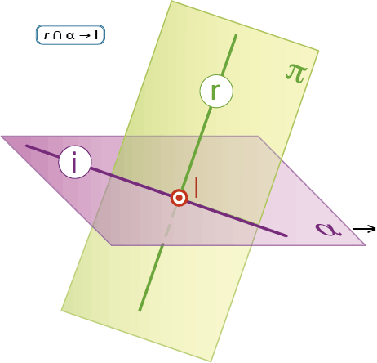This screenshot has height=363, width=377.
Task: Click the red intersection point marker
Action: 180,198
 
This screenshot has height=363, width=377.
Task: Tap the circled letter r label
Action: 216,91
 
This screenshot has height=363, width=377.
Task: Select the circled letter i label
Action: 74,162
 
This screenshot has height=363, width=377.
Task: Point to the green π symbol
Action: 296,74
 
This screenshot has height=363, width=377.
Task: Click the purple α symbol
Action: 328,229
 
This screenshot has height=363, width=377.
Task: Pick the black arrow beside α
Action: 364,229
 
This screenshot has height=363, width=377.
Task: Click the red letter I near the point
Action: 197,187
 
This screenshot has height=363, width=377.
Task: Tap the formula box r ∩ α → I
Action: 70,34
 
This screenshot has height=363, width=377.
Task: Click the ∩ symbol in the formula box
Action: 57,35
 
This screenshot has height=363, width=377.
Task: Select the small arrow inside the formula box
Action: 85,35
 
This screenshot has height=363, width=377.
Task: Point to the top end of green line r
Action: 236,35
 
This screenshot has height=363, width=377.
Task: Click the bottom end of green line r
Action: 140,310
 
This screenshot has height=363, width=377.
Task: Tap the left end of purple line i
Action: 27,146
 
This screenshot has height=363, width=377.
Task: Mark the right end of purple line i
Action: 286,235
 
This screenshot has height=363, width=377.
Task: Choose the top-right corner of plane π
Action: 318,51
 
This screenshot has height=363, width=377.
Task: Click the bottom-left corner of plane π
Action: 61,311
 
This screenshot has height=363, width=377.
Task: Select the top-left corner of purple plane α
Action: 2,136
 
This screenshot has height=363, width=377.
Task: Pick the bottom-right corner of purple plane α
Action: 366,245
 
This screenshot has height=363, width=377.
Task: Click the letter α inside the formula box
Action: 70,36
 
